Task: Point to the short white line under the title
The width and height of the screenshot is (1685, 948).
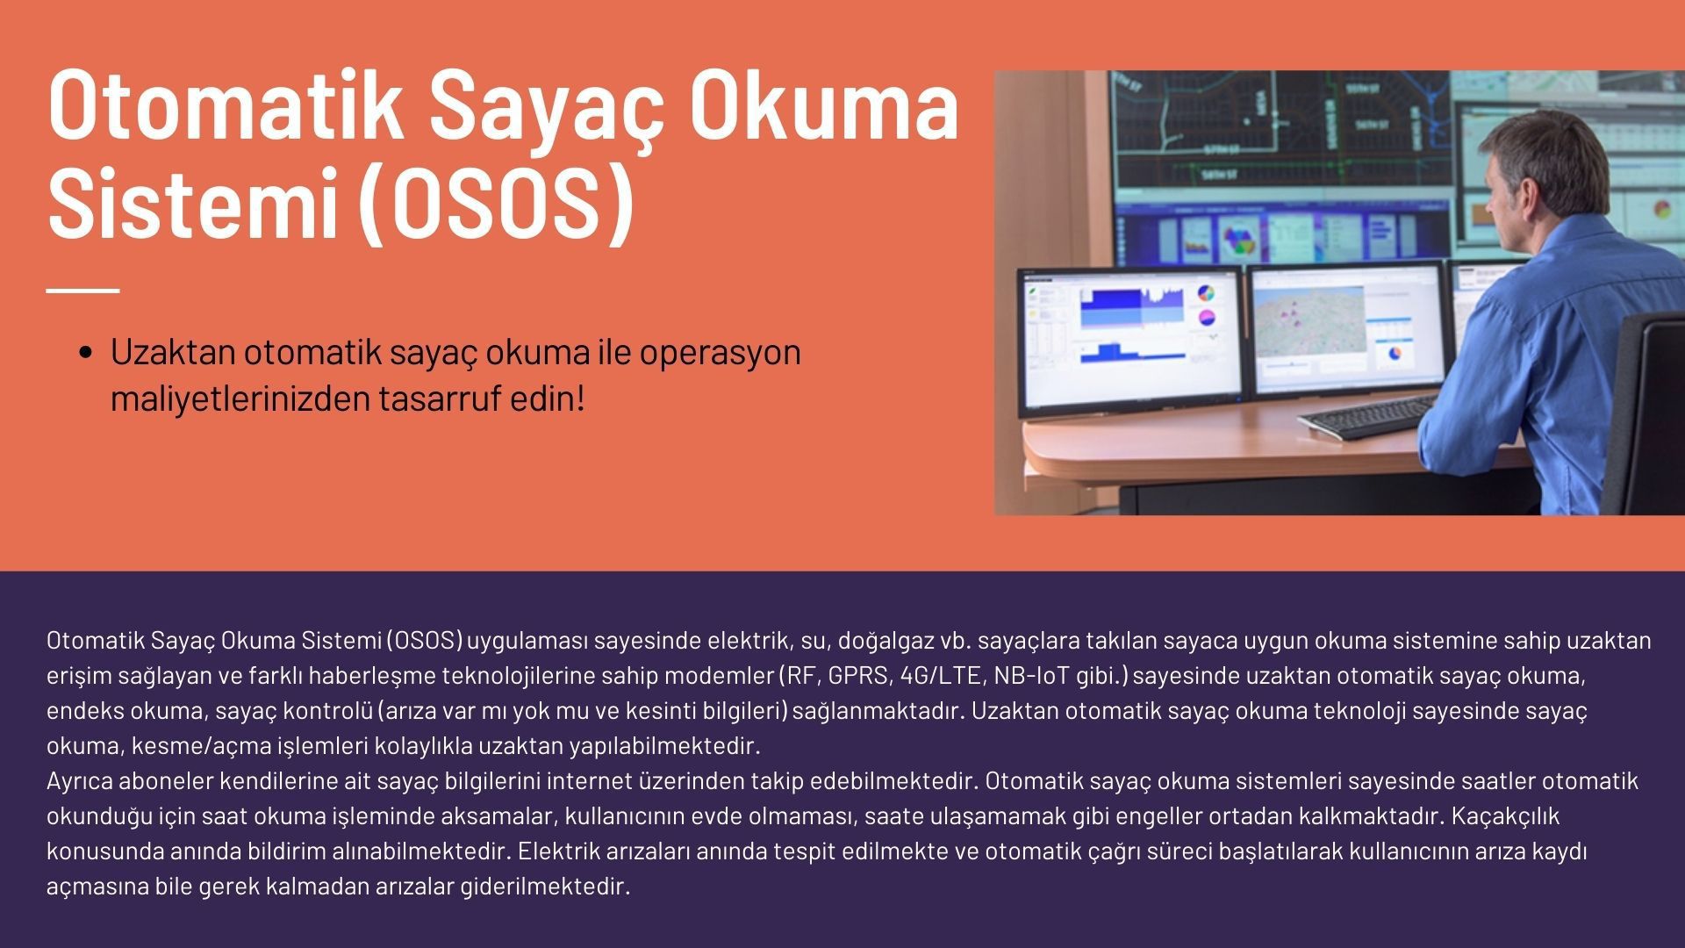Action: (82, 290)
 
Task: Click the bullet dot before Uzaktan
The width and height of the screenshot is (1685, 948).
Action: (86, 353)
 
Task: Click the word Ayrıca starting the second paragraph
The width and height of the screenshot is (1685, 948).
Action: (80, 781)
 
